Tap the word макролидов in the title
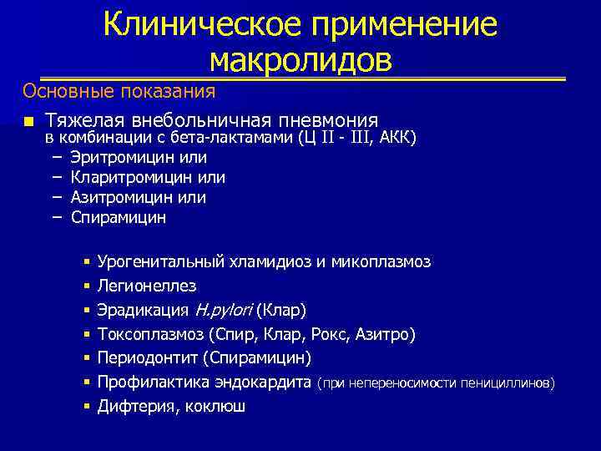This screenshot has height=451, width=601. click(300, 59)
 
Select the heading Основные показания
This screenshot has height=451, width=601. click(119, 90)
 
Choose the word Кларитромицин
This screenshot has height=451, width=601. click(133, 177)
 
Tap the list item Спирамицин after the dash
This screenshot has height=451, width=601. click(119, 217)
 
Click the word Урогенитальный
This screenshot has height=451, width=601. click(159, 262)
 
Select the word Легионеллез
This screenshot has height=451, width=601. click(147, 286)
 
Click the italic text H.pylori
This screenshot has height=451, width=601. click(223, 311)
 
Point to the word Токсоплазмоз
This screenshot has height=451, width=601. click(150, 334)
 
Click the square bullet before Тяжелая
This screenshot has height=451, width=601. click(28, 121)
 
